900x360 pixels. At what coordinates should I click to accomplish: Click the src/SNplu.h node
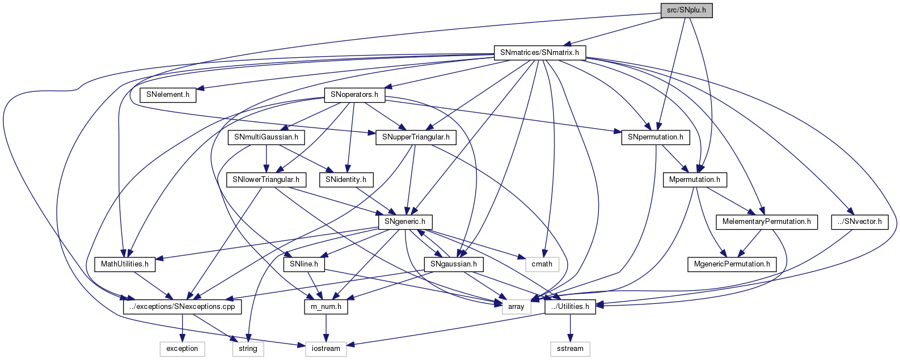[x=686, y=11]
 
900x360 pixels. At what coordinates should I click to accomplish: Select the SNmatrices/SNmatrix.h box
[x=539, y=53]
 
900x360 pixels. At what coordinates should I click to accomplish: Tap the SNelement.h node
[x=168, y=95]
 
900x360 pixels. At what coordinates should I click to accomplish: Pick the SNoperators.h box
[x=354, y=95]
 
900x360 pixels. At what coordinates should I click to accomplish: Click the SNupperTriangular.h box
[x=416, y=137]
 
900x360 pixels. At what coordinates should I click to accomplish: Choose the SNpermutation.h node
[x=655, y=137]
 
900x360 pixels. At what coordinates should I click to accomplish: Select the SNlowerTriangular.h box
[x=267, y=180]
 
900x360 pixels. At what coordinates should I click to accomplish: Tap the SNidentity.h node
[x=346, y=180]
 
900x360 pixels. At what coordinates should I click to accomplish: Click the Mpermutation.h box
[x=694, y=180]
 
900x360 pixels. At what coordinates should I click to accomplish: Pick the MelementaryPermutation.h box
[x=766, y=222]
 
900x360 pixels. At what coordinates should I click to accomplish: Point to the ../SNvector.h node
[x=859, y=222]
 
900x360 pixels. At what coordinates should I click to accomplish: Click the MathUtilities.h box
[x=125, y=264]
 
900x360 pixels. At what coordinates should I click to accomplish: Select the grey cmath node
[x=542, y=264]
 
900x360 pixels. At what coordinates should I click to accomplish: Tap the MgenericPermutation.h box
[x=732, y=264]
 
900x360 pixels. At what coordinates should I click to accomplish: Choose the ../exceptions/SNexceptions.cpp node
[x=183, y=307]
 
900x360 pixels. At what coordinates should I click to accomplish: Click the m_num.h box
[x=326, y=307]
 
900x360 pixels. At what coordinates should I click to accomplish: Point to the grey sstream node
[x=570, y=349]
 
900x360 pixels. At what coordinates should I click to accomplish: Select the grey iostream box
[x=326, y=349]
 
